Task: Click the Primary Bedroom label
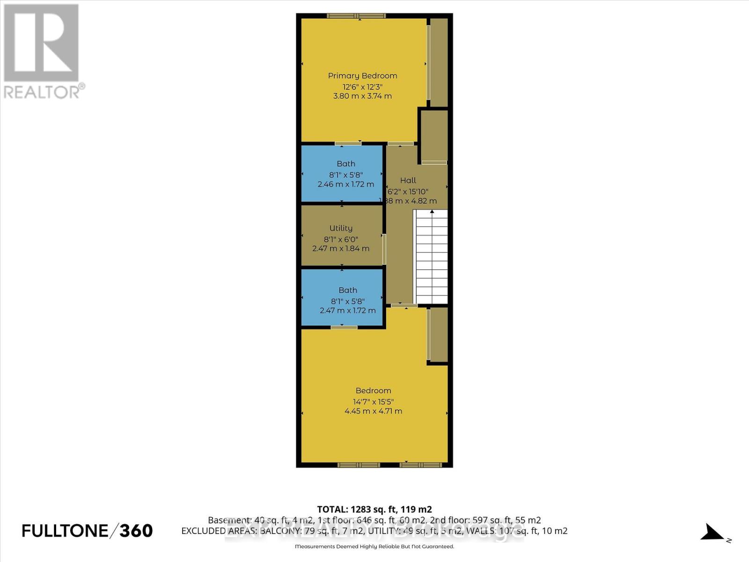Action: click(x=362, y=75)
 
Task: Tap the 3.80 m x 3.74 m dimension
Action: click(x=362, y=96)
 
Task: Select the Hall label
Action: click(x=408, y=180)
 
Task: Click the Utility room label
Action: click(x=341, y=228)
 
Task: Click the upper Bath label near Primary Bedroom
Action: click(x=346, y=163)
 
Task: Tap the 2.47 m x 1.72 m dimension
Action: click(x=347, y=311)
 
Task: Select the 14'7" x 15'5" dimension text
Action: click(x=373, y=401)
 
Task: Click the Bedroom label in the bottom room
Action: click(x=373, y=391)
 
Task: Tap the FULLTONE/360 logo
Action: click(x=88, y=531)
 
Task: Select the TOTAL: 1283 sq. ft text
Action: click(x=374, y=509)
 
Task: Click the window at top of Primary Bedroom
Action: click(x=357, y=16)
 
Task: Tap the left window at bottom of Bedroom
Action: click(x=359, y=465)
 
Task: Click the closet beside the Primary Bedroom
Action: click(x=439, y=62)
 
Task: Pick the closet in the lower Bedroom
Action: click(x=439, y=334)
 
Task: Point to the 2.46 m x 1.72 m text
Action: click(x=345, y=184)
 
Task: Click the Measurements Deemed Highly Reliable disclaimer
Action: click(x=374, y=547)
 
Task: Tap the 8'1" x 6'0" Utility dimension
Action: click(x=341, y=239)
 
